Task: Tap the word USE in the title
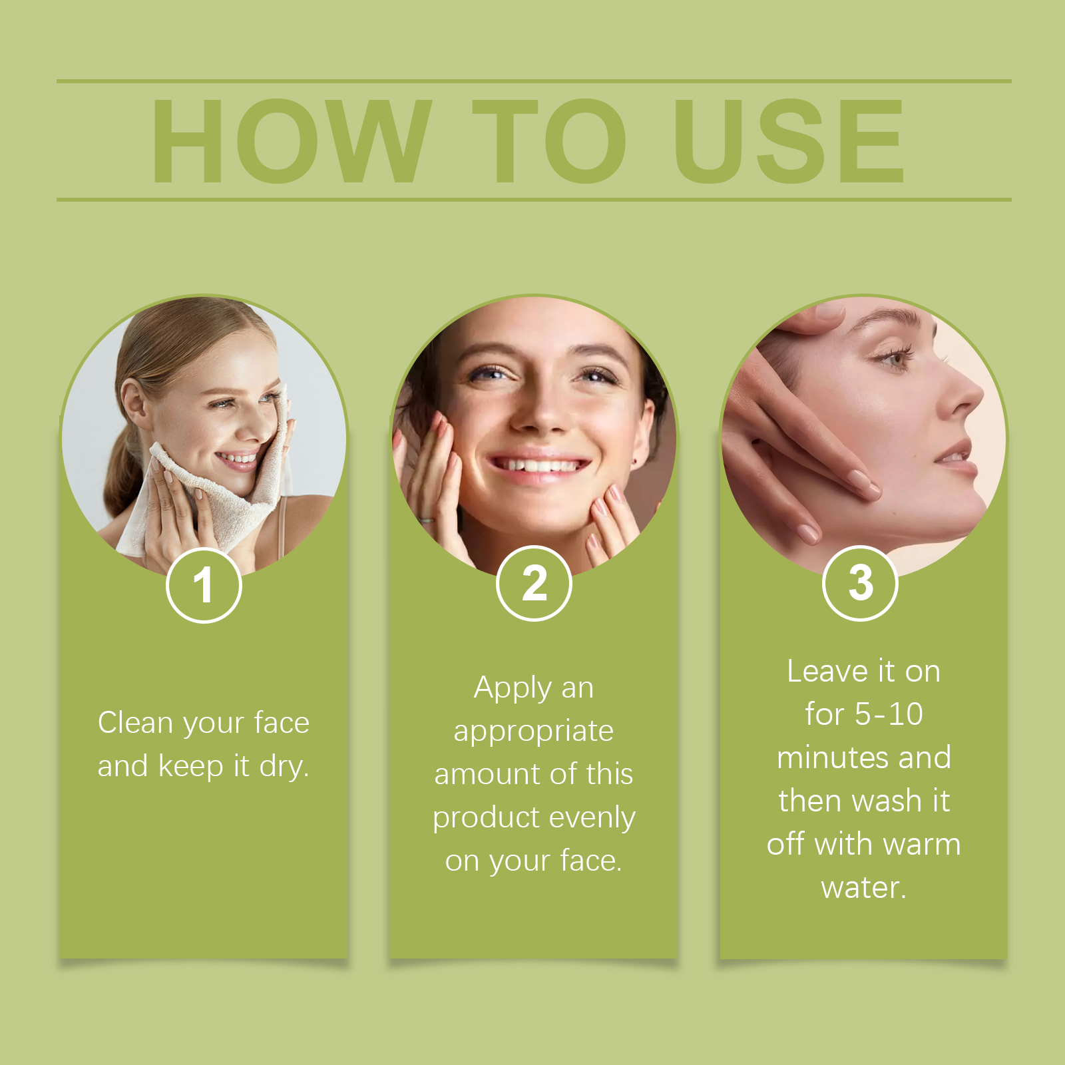(789, 140)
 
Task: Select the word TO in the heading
(550, 140)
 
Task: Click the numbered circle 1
(204, 586)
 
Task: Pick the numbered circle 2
(534, 584)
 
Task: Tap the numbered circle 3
(861, 584)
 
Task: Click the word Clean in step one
(136, 723)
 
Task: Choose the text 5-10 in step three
(889, 714)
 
